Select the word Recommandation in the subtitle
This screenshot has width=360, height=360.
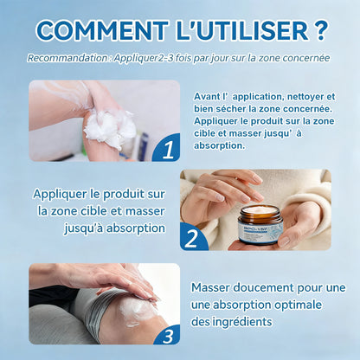pyautogui.click(x=67, y=59)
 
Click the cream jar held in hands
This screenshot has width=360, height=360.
pyautogui.click(x=260, y=224)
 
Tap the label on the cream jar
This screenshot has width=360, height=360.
pyautogui.click(x=259, y=231)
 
